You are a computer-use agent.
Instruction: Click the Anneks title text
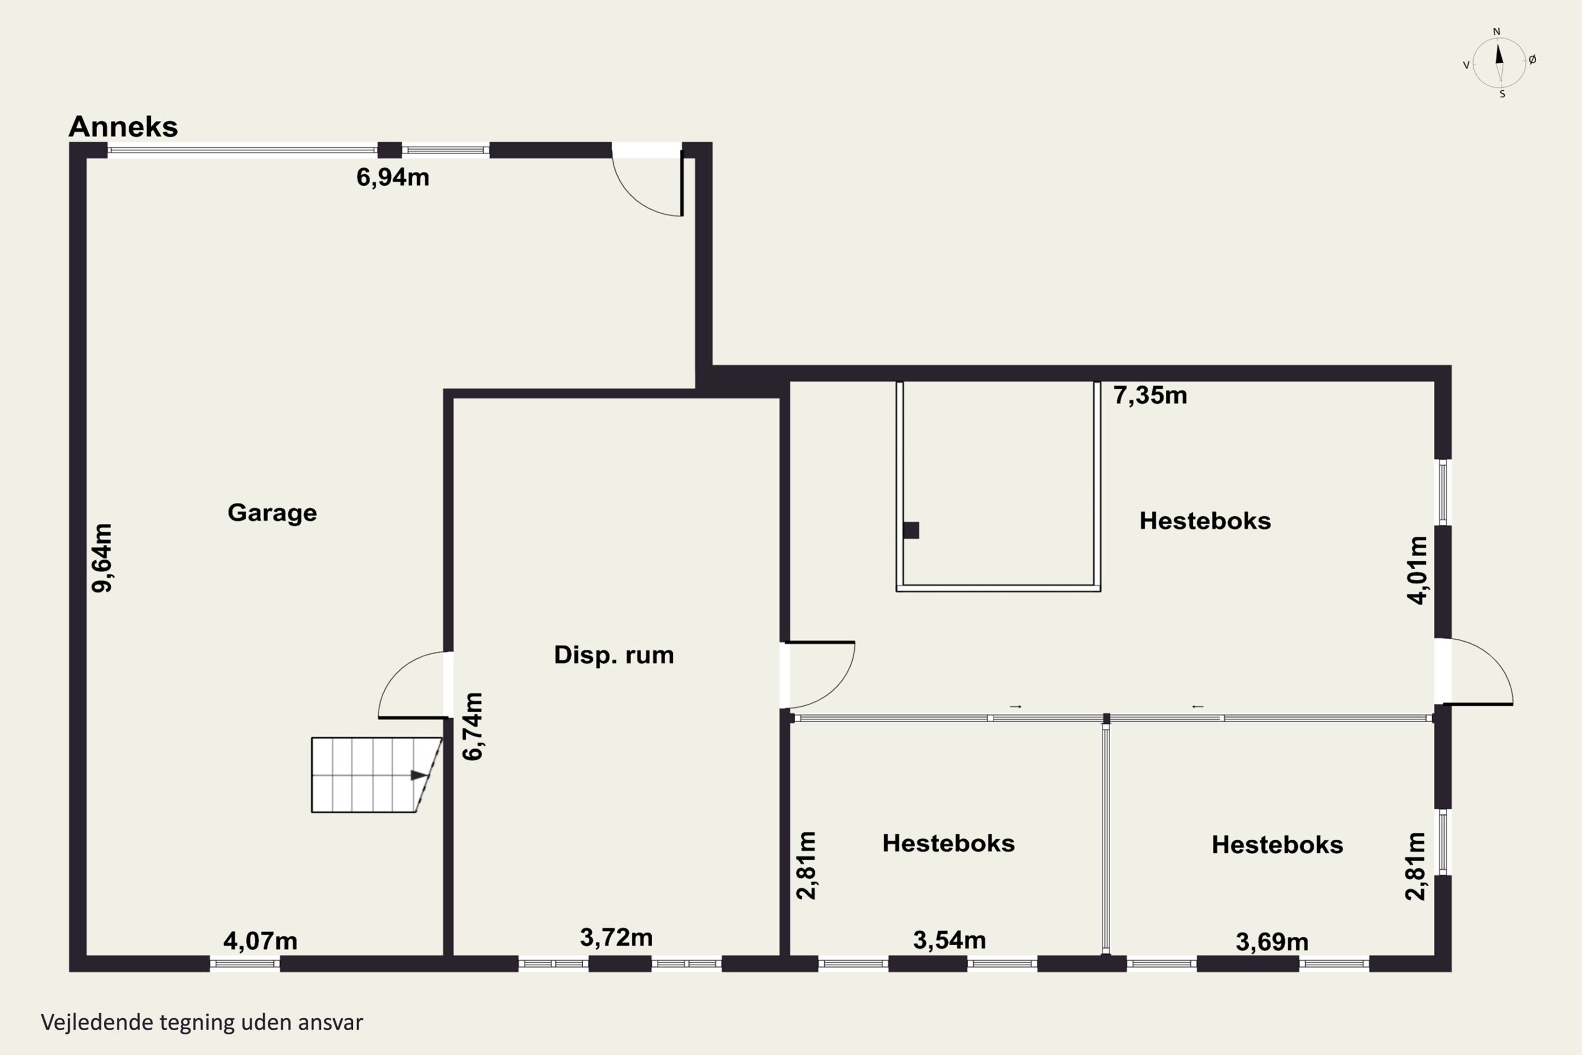click(x=123, y=127)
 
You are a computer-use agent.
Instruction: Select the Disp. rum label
click(x=613, y=655)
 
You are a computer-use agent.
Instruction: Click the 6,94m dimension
click(x=393, y=177)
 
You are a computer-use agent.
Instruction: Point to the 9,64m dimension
click(x=102, y=558)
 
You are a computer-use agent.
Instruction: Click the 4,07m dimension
click(x=261, y=941)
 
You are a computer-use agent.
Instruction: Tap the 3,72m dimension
click(x=616, y=937)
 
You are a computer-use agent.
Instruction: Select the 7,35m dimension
click(x=1150, y=395)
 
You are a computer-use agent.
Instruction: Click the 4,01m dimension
click(x=1417, y=571)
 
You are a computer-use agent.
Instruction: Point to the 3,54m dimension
click(x=950, y=940)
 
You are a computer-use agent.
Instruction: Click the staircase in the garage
click(x=376, y=775)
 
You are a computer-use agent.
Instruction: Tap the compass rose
click(x=1499, y=63)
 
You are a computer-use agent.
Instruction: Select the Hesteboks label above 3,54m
click(x=948, y=843)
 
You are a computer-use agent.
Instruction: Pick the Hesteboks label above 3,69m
click(x=1277, y=845)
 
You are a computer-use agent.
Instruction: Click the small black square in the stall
click(x=911, y=530)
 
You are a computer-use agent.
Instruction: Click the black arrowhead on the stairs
click(x=418, y=775)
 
